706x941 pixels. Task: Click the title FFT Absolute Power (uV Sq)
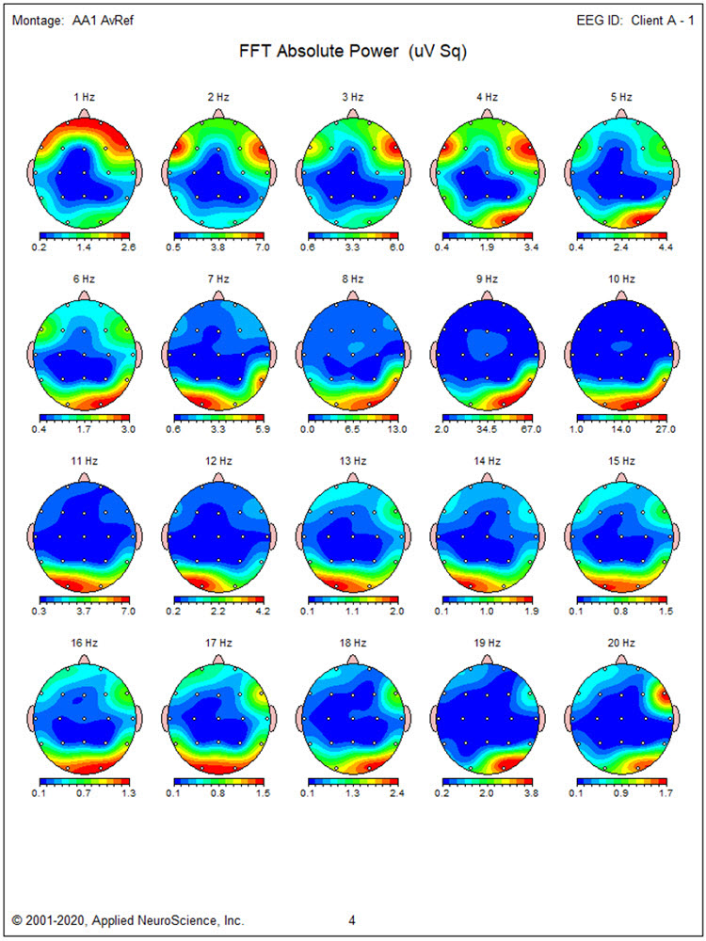(x=353, y=53)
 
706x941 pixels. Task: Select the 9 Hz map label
(x=487, y=279)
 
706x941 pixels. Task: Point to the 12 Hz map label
(x=218, y=460)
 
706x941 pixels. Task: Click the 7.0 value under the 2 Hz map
(x=253, y=247)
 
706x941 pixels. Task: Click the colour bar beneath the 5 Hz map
(x=621, y=234)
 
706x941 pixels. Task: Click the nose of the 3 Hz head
(x=353, y=112)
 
